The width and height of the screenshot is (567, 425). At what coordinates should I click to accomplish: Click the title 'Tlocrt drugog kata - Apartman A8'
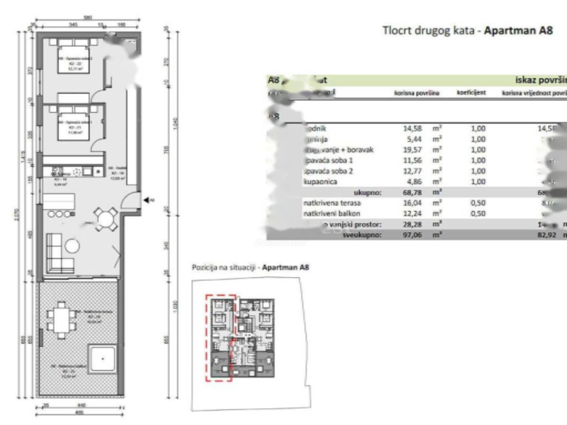click(x=467, y=30)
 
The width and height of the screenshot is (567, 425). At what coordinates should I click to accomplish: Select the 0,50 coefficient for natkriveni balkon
click(x=477, y=214)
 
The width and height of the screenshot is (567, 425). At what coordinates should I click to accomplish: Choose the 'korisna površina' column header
click(x=416, y=93)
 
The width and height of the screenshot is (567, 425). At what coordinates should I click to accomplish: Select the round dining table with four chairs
click(x=105, y=219)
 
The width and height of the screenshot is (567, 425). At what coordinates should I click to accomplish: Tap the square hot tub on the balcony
click(x=103, y=359)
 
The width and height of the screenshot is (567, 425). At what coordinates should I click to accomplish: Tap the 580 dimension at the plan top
click(x=87, y=18)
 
